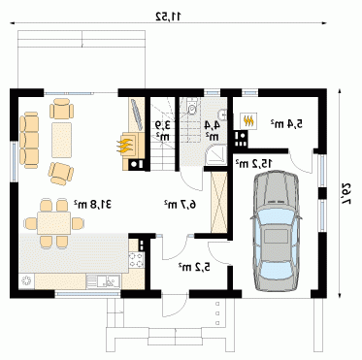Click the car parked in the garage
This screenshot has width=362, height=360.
point(276,232)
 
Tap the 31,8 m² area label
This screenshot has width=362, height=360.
point(93,204)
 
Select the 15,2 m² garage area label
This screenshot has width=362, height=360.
point(253,163)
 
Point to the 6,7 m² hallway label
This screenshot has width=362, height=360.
point(181,204)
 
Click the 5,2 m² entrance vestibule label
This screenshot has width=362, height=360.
point(194,267)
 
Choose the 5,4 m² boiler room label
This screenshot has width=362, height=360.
point(286,123)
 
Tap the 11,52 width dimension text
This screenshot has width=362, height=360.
point(169,16)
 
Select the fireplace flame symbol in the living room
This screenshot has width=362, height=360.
point(125,146)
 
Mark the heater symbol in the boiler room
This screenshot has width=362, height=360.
point(248,121)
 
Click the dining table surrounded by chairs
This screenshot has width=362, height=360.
point(53,223)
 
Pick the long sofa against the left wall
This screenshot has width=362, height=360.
point(29,140)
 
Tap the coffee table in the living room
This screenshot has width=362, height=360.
point(61,140)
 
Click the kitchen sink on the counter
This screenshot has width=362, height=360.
point(104,280)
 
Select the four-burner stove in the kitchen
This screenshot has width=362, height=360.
point(136,260)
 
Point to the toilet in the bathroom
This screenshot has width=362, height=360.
point(192,108)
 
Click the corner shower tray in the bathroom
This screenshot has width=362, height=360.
point(216,155)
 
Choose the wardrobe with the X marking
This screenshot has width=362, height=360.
point(219,202)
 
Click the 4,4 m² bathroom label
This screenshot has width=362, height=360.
point(213,130)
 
